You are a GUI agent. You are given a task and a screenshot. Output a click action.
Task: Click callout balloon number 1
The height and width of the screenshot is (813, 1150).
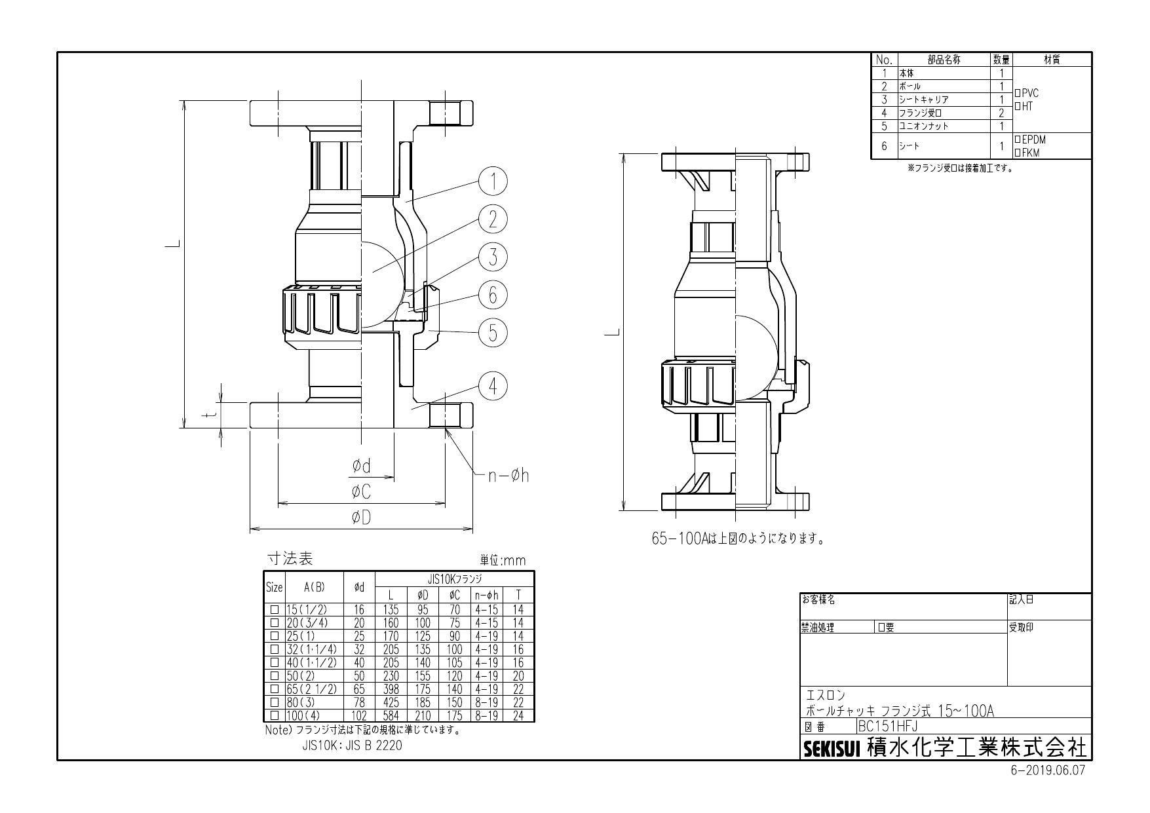(493, 181)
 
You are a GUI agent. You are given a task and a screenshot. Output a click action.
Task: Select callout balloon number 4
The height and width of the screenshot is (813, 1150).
(493, 386)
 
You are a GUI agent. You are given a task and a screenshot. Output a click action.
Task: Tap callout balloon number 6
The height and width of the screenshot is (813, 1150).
(493, 295)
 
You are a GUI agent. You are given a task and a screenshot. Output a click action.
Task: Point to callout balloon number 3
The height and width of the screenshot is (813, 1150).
(493, 257)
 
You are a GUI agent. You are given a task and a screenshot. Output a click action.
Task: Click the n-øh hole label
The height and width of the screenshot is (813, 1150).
(508, 476)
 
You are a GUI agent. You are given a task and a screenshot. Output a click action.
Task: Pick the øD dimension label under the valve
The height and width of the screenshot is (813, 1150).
(361, 518)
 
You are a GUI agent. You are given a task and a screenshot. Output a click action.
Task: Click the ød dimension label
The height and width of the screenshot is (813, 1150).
(361, 466)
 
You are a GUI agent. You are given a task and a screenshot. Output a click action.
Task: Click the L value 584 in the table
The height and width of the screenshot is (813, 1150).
(391, 715)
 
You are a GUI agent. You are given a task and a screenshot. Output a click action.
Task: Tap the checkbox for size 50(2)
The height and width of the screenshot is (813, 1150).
(275, 675)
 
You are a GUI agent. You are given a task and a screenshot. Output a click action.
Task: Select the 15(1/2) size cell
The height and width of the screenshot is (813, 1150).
(306, 609)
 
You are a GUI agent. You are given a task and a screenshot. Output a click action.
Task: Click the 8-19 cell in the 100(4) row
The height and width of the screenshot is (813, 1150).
(486, 715)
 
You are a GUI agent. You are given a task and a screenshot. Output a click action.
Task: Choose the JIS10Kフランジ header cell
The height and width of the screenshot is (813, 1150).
(455, 579)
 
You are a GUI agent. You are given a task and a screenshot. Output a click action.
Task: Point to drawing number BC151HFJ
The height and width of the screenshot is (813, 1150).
(888, 726)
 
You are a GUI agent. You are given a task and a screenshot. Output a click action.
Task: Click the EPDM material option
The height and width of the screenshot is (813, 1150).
(1029, 140)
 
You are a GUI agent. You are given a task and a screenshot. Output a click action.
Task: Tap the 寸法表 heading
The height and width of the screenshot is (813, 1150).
(290, 559)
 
